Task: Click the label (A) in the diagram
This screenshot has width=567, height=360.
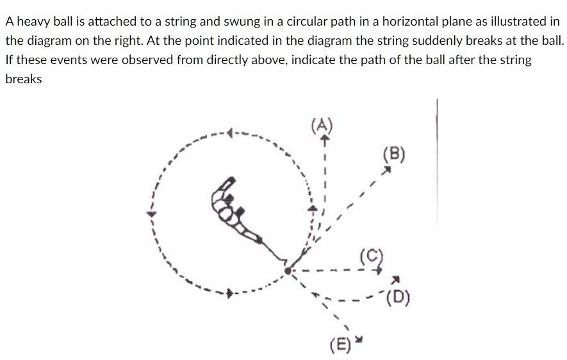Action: (x=322, y=126)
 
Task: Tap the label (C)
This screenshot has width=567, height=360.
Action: (x=372, y=256)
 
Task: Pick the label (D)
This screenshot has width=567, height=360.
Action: (x=398, y=297)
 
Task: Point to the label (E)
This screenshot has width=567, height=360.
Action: (x=340, y=345)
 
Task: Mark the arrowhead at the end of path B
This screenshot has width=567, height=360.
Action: (x=387, y=170)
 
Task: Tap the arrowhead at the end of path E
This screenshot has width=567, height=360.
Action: (x=358, y=339)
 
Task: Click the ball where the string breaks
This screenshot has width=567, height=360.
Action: (x=288, y=271)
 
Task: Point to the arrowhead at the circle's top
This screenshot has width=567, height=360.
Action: (x=229, y=133)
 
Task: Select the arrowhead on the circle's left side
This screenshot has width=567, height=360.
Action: (x=151, y=214)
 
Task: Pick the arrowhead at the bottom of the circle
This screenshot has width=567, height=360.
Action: (x=229, y=293)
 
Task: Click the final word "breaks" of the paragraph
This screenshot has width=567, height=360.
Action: (x=24, y=79)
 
